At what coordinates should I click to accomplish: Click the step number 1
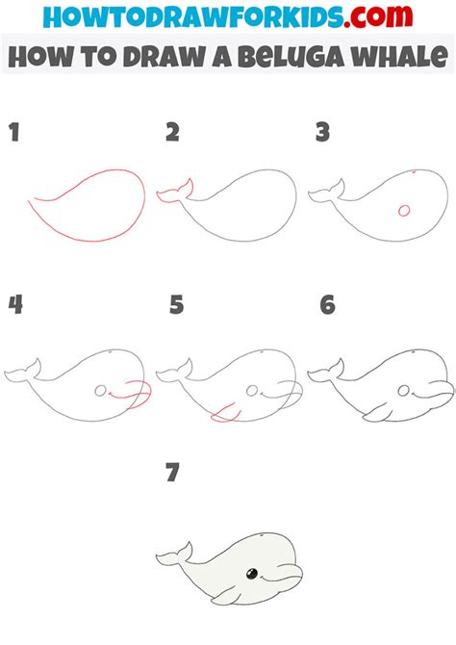14,132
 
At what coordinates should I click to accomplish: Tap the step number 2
173,132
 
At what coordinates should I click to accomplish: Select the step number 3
323,132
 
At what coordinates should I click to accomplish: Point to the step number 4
15,305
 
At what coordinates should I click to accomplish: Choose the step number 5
177,305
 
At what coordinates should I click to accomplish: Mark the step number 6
328,305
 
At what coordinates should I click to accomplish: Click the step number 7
173,473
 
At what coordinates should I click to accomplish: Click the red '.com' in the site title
378,16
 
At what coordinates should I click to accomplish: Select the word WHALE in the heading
396,56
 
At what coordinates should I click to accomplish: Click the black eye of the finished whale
252,574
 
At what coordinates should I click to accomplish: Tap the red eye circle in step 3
404,211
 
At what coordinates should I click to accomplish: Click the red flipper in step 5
225,413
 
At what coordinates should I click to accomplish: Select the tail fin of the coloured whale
174,555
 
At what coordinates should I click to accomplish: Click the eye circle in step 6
404,391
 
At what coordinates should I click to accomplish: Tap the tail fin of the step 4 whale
23,371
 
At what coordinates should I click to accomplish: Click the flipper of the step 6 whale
377,413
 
